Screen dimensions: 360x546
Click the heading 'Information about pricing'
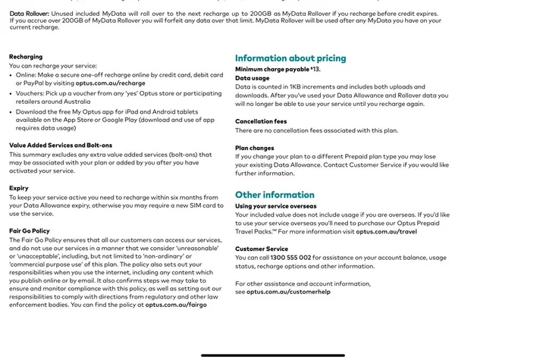(x=290, y=58)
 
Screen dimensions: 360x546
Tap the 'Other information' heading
(x=275, y=195)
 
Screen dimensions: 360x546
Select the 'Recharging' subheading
(x=26, y=57)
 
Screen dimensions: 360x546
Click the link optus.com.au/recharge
(x=108, y=83)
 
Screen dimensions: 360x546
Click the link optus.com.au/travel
(x=386, y=231)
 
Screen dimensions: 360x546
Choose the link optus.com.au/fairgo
(x=176, y=305)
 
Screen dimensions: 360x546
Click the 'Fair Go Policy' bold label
(x=30, y=230)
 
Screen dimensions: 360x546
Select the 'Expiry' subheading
(x=19, y=188)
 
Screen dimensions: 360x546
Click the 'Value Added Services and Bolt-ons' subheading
(x=61, y=145)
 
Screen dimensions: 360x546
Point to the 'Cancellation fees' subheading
(x=261, y=121)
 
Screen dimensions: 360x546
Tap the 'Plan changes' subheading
(x=255, y=149)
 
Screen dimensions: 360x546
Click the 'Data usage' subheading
(x=252, y=78)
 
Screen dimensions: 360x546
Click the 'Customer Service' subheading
(x=262, y=249)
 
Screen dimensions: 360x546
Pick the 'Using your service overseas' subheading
(x=276, y=205)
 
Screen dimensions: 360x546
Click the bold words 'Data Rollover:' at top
(x=30, y=14)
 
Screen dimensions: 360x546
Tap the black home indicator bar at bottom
(x=273, y=355)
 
